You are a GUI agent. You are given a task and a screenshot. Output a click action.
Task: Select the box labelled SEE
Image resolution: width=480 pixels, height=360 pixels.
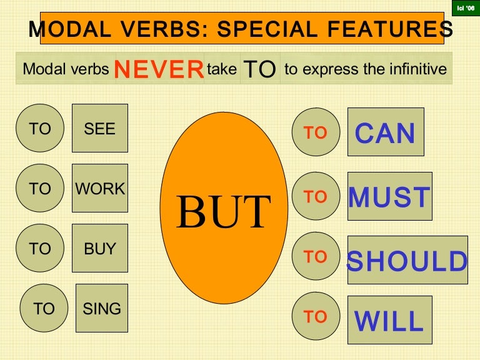click(100, 128)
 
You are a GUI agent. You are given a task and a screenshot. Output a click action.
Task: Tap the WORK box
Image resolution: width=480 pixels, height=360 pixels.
click(100, 188)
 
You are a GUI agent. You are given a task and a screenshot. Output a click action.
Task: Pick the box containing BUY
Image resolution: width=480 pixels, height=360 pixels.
click(100, 248)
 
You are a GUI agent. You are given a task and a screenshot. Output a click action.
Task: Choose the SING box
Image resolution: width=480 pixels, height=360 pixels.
click(102, 308)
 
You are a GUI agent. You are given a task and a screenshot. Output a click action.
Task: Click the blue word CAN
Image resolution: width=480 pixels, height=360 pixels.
click(385, 132)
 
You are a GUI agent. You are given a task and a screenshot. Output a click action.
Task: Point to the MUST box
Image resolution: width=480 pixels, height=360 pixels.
click(389, 197)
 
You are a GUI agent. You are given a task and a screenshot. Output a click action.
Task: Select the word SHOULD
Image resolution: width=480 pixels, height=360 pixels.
click(407, 261)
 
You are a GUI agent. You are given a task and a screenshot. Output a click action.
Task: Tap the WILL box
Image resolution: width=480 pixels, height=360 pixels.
click(389, 321)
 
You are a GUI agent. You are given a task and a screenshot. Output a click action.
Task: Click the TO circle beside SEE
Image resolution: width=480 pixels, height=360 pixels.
click(40, 129)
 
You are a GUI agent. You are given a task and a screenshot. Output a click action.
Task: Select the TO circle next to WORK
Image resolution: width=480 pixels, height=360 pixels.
click(40, 189)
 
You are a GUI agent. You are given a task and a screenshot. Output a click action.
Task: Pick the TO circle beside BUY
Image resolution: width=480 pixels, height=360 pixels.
click(40, 249)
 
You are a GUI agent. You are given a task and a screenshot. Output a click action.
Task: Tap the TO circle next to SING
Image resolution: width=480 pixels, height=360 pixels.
click(44, 308)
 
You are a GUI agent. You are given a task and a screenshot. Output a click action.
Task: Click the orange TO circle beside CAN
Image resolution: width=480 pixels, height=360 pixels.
click(316, 132)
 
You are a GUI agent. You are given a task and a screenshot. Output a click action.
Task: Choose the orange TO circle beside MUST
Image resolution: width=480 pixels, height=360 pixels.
click(316, 197)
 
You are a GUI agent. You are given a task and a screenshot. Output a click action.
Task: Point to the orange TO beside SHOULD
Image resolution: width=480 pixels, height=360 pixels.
click(316, 257)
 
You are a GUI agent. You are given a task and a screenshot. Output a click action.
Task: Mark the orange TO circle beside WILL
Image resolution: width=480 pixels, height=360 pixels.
click(316, 317)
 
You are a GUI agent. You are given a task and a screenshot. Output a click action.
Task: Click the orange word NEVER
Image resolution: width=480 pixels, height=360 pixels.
click(159, 69)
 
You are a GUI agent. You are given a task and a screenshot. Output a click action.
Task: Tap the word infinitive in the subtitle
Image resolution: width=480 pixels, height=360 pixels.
click(416, 69)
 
